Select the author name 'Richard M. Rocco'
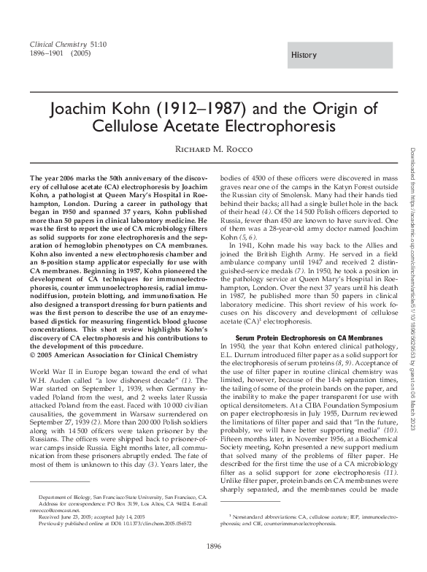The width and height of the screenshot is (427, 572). [x=213, y=153]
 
